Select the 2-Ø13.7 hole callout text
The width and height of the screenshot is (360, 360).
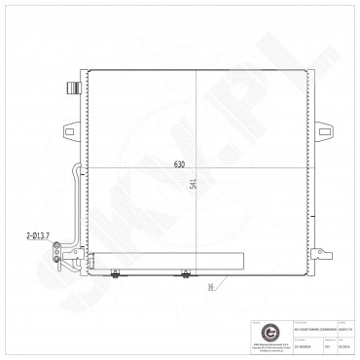pyautogui.click(x=38, y=234)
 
